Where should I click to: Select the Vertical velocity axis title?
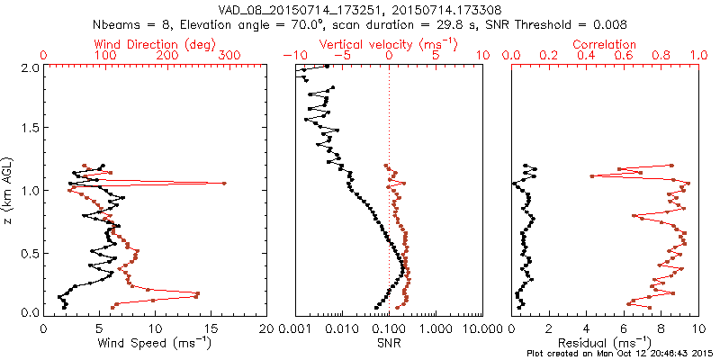coord(388,44)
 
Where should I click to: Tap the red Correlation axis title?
coord(604,44)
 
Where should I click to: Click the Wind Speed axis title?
coord(155,342)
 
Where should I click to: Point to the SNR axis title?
coord(389,343)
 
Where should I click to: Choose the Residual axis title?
coord(604,342)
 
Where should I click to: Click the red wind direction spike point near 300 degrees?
coord(224,184)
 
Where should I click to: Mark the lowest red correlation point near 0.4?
coord(591,175)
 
